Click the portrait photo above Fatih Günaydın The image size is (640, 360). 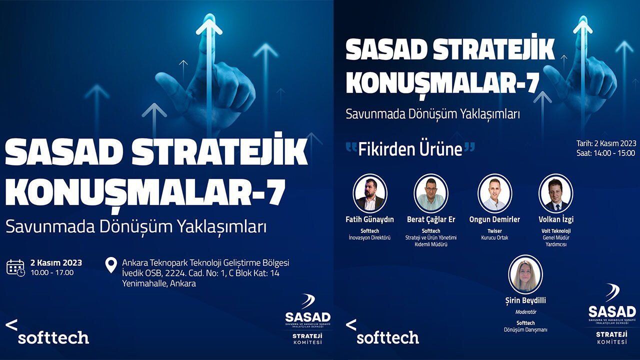pos(370,193)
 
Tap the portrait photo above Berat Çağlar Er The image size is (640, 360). pos(431,193)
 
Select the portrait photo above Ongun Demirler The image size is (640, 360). pos(494,193)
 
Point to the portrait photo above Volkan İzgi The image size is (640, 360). pos(555,193)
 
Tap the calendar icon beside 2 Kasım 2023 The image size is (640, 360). pos(15,267)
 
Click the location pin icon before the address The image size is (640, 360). pos(111,265)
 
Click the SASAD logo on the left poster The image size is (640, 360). pos(307,318)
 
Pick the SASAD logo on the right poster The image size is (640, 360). pos(612,313)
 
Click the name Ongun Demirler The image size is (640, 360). pos(494,219)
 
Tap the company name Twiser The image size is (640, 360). pos(494,231)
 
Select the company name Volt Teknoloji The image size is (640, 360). pos(556,231)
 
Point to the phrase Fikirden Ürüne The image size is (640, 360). pos(410,149)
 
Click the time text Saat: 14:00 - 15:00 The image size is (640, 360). pos(605,153)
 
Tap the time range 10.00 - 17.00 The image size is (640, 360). pos(52,272)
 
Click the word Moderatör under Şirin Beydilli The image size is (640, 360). pos(525,312)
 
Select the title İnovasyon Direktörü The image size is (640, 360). pos(369,237)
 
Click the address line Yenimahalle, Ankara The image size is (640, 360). pos(159,283)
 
